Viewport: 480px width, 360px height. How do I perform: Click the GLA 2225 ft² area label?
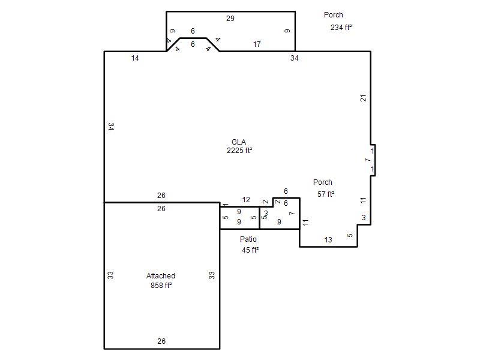click(x=239, y=146)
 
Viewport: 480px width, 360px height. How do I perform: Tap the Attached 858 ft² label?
click(x=161, y=280)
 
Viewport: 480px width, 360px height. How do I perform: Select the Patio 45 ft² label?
click(x=249, y=245)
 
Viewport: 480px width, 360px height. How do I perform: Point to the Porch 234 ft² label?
click(x=337, y=21)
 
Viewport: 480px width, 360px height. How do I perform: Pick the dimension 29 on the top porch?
click(x=230, y=19)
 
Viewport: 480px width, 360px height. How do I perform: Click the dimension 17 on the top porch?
click(x=257, y=44)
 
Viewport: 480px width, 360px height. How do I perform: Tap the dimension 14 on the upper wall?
click(x=135, y=58)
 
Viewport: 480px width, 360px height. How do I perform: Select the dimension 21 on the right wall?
click(x=363, y=98)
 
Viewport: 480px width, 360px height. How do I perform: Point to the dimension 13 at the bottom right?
click(x=328, y=239)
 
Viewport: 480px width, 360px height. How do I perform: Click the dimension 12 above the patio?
click(x=246, y=200)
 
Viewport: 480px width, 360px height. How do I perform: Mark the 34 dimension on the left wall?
click(x=111, y=127)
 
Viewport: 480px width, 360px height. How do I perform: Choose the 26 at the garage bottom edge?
click(x=161, y=341)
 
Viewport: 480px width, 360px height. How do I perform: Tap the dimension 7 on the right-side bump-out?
click(x=367, y=160)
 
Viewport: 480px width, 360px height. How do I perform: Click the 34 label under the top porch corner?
click(x=294, y=58)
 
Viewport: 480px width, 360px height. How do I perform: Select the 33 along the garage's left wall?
click(x=110, y=275)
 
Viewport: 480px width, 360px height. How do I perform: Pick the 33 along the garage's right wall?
click(x=212, y=275)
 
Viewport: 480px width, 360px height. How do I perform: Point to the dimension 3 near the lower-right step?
click(x=364, y=218)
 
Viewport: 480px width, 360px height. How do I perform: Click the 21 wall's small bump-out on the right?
click(x=373, y=160)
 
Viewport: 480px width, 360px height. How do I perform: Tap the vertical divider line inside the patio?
click(x=260, y=218)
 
